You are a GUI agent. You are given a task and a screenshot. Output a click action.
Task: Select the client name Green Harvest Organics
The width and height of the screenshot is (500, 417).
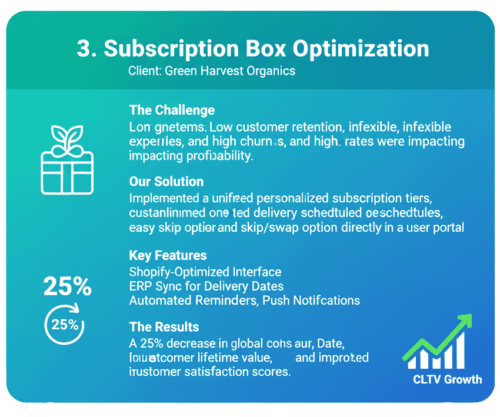pyautogui.click(x=230, y=71)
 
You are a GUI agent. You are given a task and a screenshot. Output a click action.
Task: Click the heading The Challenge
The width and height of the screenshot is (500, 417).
pyautogui.click(x=172, y=110)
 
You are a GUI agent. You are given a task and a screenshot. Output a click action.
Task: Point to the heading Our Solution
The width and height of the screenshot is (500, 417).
pyautogui.click(x=166, y=181)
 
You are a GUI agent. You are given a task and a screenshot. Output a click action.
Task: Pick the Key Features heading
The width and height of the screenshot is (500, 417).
pyautogui.click(x=168, y=255)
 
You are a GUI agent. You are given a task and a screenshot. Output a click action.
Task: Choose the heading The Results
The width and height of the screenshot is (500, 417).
pyautogui.click(x=164, y=327)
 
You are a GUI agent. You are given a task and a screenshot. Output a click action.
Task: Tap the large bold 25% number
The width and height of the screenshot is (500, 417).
pyautogui.click(x=67, y=287)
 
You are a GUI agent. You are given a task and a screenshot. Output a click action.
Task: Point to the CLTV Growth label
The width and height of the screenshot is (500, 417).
pyautogui.click(x=447, y=379)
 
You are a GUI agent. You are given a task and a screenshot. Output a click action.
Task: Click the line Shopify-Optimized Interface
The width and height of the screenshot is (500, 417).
pyautogui.click(x=205, y=272)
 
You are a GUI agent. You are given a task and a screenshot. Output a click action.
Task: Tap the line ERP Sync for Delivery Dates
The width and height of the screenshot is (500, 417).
pyautogui.click(x=206, y=286)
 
